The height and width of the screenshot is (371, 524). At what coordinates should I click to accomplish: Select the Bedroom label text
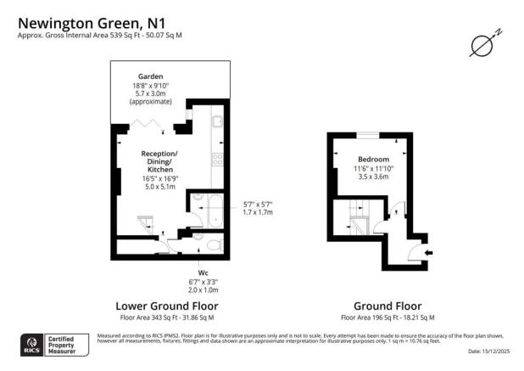tap(373, 160)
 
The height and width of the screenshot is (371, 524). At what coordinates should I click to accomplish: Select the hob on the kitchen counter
tap(218, 158)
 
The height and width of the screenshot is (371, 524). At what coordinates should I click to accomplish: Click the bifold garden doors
tap(149, 126)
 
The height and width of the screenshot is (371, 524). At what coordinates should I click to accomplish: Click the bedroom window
tap(369, 136)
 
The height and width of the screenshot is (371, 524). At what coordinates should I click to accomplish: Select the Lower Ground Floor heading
tap(166, 306)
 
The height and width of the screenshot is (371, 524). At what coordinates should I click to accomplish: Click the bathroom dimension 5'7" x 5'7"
tap(258, 205)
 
